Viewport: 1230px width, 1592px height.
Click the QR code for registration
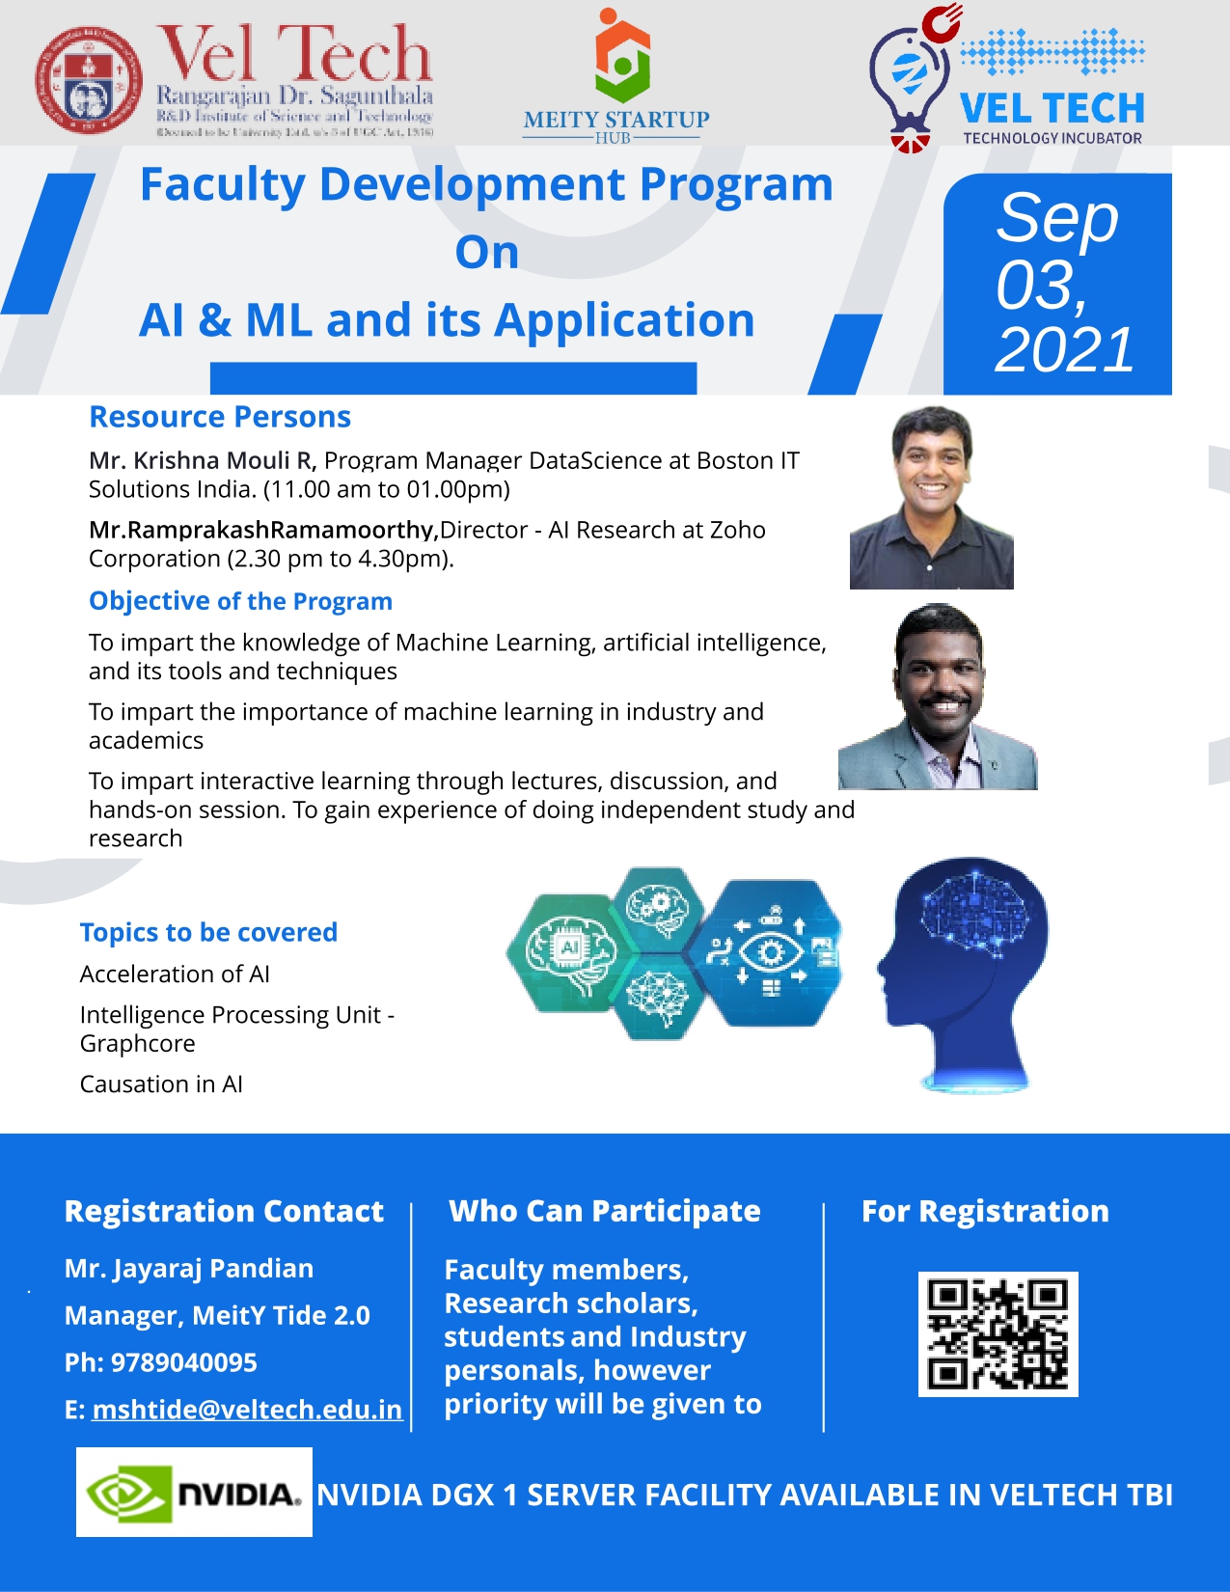point(998,1333)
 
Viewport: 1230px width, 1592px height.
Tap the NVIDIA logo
point(194,1493)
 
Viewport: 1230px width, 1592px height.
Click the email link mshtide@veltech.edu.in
point(247,1410)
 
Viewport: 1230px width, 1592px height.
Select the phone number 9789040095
point(184,1362)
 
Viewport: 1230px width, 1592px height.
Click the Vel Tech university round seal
point(89,80)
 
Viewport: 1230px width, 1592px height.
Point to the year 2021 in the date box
point(1064,349)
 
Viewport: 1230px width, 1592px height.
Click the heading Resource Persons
point(220,417)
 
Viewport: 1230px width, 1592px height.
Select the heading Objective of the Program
point(240,601)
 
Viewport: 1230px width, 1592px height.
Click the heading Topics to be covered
point(208,932)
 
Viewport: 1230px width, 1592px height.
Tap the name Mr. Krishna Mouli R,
point(203,460)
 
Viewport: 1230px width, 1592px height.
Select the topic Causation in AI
point(161,1084)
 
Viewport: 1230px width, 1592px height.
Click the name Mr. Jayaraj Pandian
point(189,1269)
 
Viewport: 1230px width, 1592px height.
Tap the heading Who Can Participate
point(605,1211)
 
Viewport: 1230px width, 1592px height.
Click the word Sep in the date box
point(1057,218)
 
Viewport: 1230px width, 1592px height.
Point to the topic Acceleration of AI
point(175,974)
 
